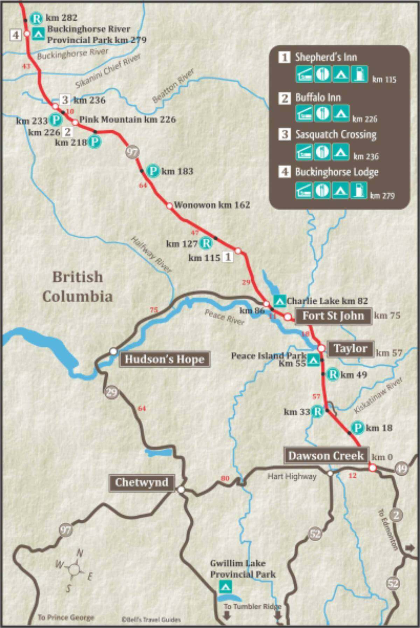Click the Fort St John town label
333,316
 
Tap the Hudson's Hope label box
164,359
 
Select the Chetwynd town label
142,483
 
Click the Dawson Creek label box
326,456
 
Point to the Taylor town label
350,348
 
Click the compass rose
74,569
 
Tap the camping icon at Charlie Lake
279,300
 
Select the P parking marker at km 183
153,171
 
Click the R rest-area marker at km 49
333,375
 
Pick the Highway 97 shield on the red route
133,152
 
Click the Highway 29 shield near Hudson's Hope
111,392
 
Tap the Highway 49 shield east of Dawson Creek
401,469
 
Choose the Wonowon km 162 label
212,204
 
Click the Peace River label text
224,317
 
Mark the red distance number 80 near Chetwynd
225,478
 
